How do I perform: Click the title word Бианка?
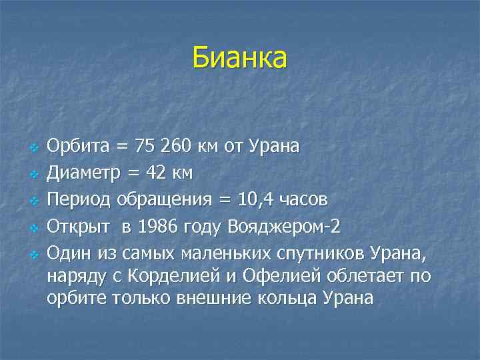239,57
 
